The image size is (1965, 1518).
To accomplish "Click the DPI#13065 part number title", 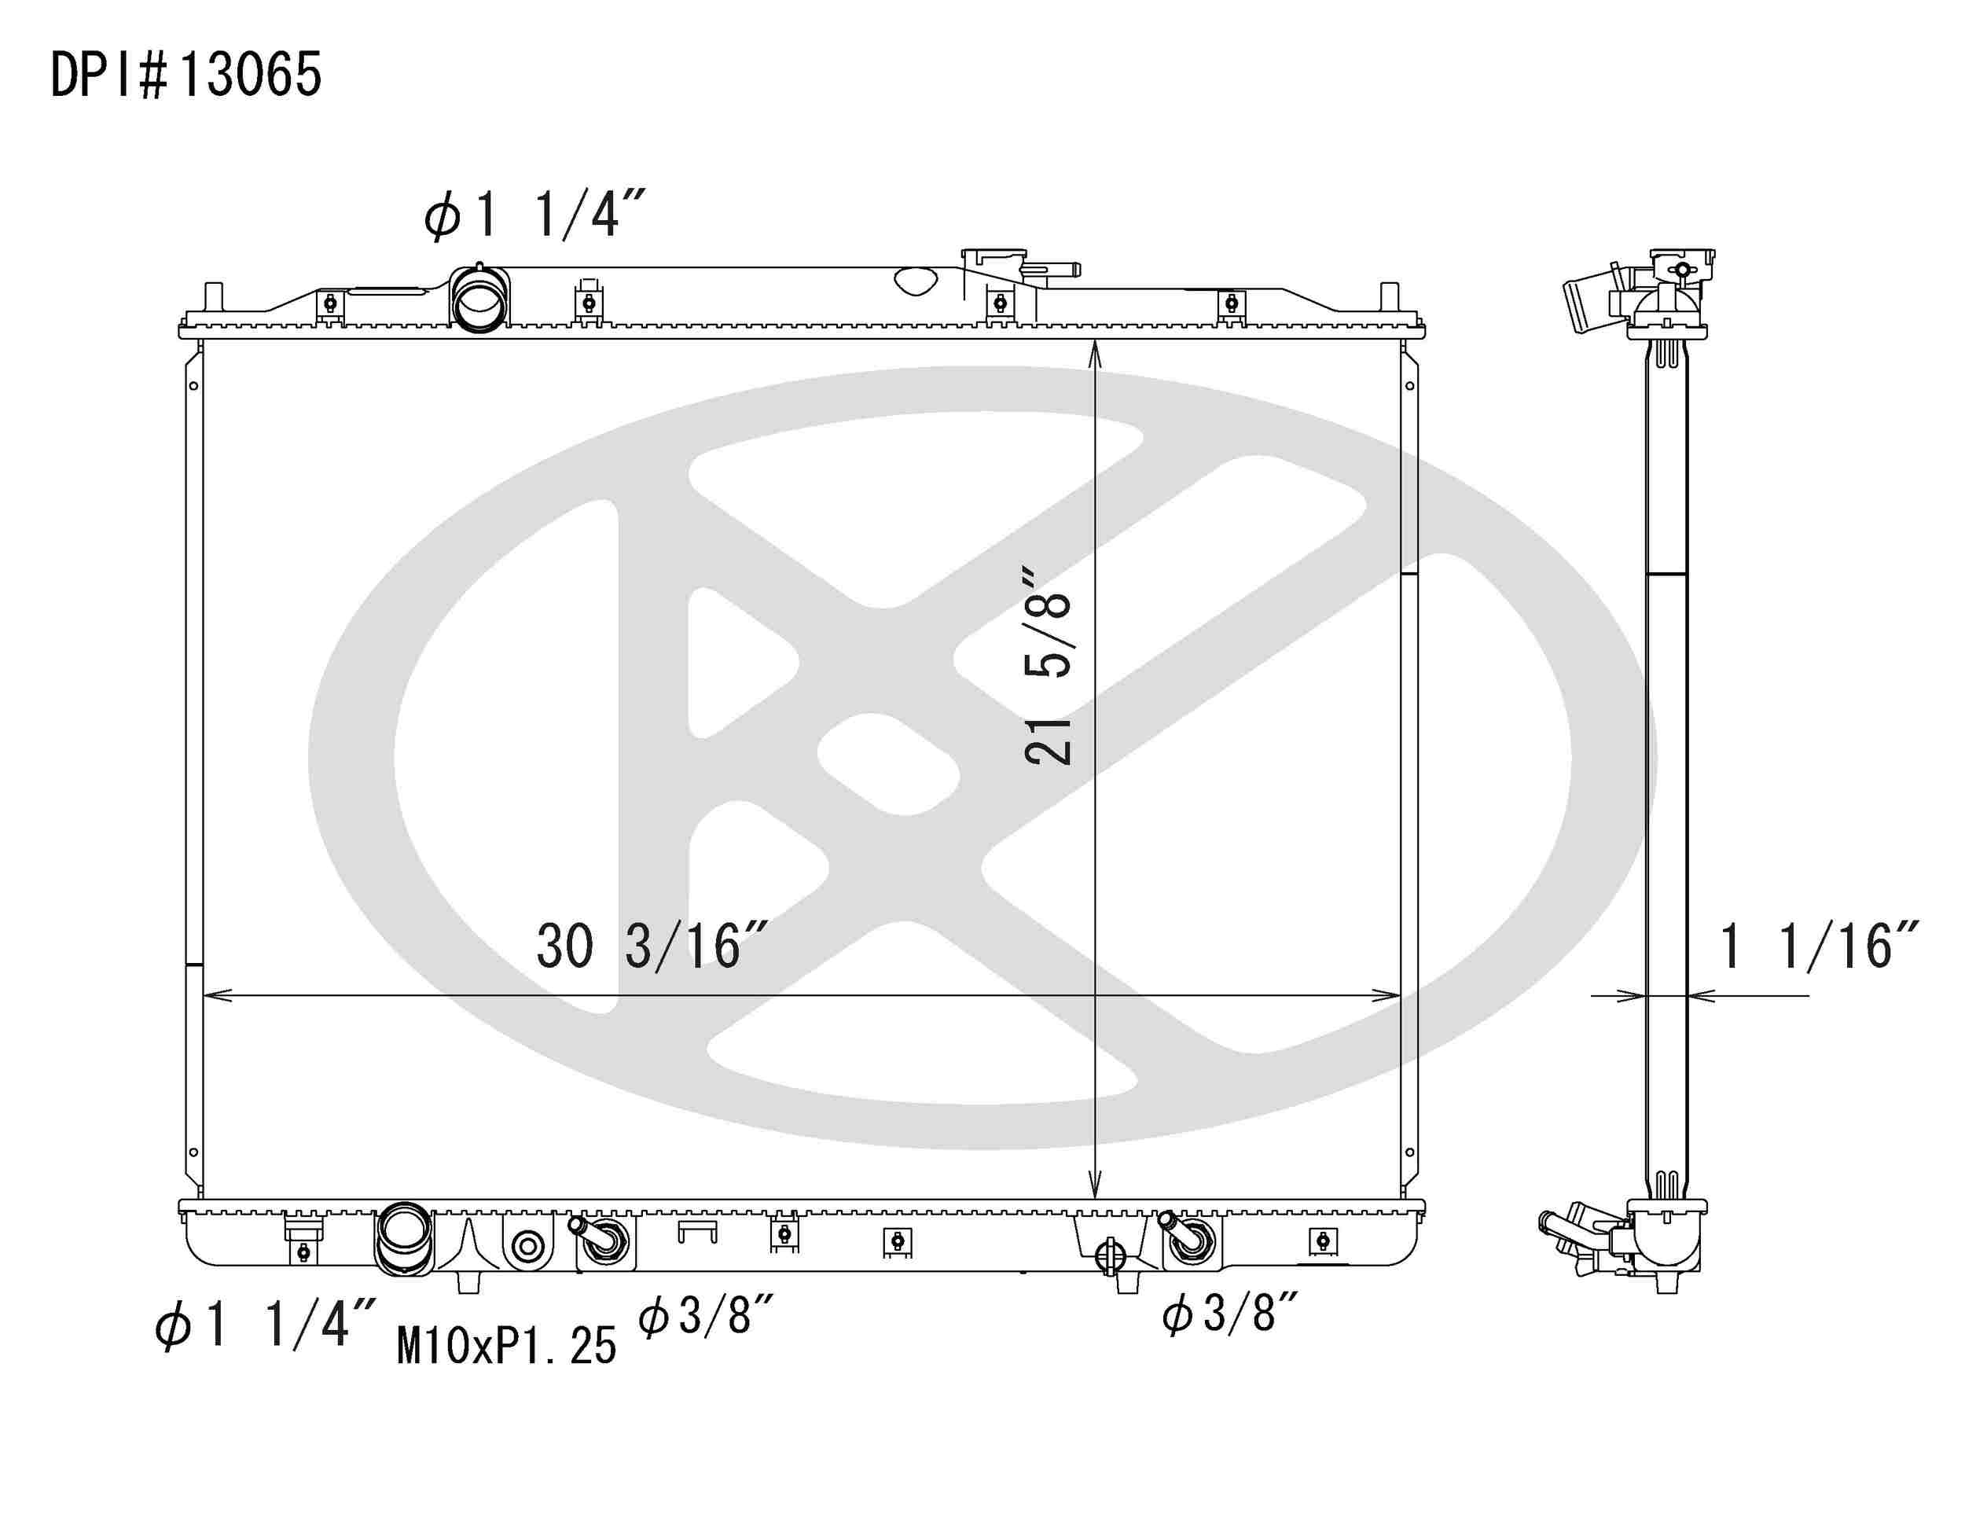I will click(x=186, y=75).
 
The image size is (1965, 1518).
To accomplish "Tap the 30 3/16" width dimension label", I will click(x=652, y=946).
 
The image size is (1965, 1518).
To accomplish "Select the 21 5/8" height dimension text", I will click(x=1049, y=666).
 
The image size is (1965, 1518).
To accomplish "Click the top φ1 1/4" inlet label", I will click(x=535, y=217).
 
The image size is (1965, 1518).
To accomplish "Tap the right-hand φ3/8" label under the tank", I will click(x=1230, y=1313).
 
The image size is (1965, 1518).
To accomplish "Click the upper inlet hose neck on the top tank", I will click(x=479, y=299).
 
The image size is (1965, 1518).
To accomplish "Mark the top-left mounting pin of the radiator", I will click(x=213, y=297).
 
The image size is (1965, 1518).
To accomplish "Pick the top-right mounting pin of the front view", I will click(x=1389, y=297).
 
